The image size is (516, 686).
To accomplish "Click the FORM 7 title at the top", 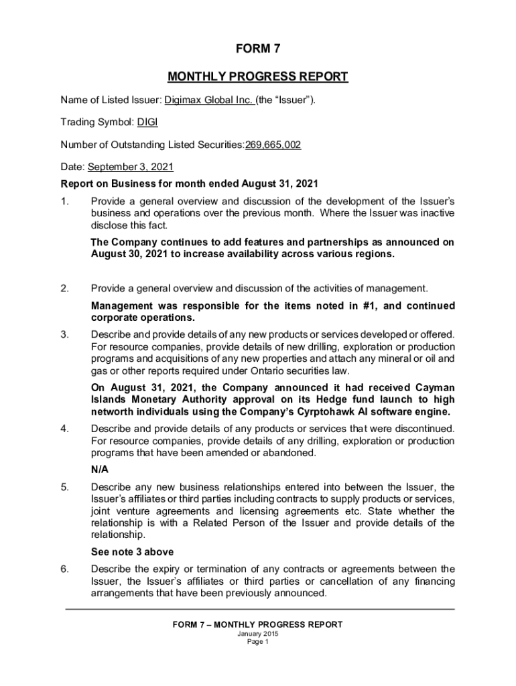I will (258, 48).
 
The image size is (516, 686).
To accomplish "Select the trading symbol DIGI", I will (147, 122).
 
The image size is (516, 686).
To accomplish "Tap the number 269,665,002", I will (273, 144).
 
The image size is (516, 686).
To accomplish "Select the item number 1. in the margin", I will (65, 201).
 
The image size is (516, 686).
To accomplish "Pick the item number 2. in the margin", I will (65, 289).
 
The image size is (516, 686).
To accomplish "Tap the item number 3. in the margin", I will (65, 334).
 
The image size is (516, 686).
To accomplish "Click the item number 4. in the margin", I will (65, 429).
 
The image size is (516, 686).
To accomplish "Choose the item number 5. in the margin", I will (65, 486).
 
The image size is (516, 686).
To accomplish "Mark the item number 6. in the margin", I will (65, 569).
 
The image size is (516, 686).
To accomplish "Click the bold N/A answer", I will (99, 469).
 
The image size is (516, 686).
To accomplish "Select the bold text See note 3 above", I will (132, 552).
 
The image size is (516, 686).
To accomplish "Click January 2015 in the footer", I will (258, 634).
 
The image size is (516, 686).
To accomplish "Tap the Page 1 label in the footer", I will (258, 642).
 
